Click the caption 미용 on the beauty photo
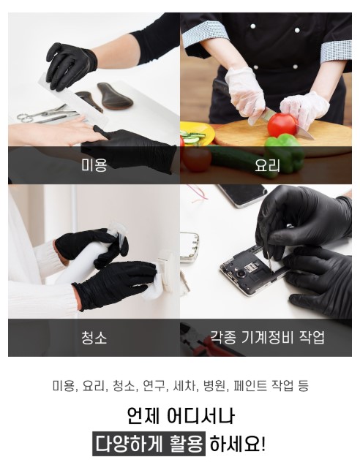point(94,165)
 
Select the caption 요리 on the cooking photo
point(267,165)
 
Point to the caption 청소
point(94,338)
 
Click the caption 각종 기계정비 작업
point(267,337)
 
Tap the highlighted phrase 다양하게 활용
point(149,444)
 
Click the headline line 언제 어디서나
point(180,417)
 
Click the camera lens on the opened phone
point(241,274)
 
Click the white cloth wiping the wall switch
point(154,289)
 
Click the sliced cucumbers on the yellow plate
point(193,137)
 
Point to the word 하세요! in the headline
point(238,444)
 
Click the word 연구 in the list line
point(154,386)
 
